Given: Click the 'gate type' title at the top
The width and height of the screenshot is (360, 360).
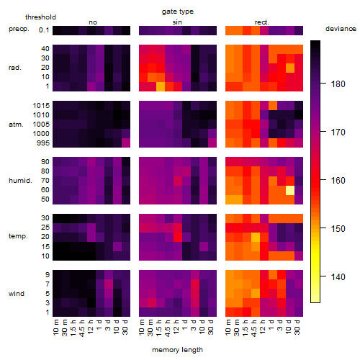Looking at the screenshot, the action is (x=178, y=12).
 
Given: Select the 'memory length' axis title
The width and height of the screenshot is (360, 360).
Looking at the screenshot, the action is (x=177, y=350).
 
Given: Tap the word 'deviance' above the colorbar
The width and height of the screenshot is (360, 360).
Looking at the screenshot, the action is (x=341, y=29).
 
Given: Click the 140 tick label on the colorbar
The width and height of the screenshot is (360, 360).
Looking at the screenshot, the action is (x=338, y=277).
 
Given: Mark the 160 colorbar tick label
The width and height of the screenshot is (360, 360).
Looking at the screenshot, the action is (x=338, y=181).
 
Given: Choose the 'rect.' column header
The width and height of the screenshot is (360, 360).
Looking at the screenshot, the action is (x=262, y=22).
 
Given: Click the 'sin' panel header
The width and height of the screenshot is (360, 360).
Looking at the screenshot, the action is (x=177, y=22).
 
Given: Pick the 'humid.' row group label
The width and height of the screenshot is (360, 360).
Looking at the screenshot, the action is (x=20, y=181).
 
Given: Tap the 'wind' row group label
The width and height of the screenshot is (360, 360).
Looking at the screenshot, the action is (x=17, y=294).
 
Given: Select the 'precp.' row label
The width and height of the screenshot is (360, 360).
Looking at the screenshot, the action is (x=19, y=29).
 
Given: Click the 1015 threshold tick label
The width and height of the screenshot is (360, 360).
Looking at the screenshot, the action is (x=41, y=106).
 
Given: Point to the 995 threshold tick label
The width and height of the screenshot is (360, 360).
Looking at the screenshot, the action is (x=43, y=143).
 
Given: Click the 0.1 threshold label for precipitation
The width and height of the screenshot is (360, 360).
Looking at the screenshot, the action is (x=44, y=30).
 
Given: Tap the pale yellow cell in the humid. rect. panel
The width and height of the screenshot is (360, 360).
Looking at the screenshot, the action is (x=290, y=190).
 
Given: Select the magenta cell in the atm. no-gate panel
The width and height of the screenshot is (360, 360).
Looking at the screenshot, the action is (x=126, y=143).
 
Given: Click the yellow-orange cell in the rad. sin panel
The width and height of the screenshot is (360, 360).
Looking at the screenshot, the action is (x=161, y=86).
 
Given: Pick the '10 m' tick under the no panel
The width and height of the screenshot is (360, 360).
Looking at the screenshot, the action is (x=55, y=327).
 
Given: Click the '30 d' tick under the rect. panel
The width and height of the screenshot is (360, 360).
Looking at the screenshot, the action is (x=297, y=327).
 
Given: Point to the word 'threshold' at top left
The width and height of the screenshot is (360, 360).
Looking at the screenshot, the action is (x=40, y=17).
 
